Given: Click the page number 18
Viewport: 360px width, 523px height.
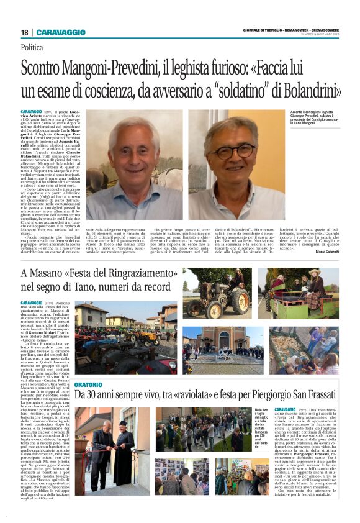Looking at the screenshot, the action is coord(24,32).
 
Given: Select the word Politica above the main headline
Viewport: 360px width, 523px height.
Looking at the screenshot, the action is coord(32,47).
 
